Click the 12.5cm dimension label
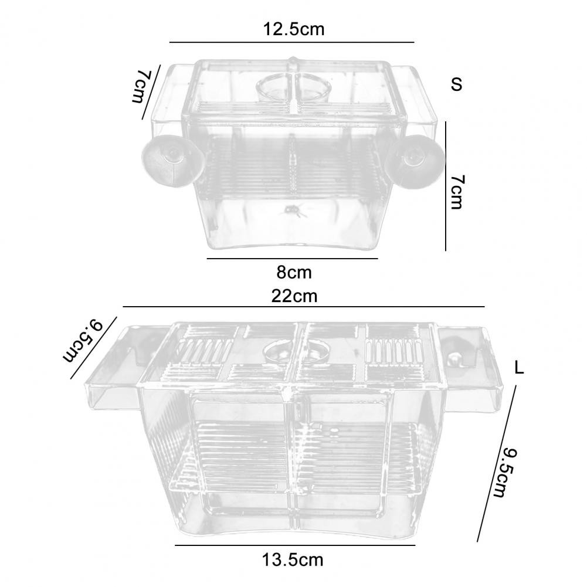(293, 29)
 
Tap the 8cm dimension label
(294, 273)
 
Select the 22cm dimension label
(294, 296)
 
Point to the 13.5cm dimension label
(293, 561)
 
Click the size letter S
(456, 84)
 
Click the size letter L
(519, 368)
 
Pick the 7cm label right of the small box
(456, 192)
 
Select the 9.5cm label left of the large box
(82, 341)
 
